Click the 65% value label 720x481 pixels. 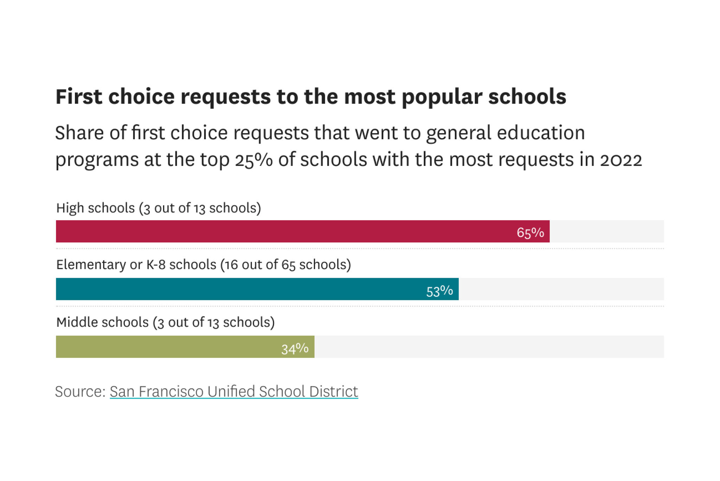tap(530, 232)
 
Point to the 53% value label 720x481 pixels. tap(439, 291)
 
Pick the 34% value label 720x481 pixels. tap(295, 348)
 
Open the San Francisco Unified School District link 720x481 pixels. tap(234, 391)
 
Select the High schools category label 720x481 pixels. tap(159, 208)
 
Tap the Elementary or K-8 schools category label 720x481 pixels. tap(204, 264)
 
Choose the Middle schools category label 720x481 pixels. tap(165, 322)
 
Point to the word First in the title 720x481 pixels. tap(79, 96)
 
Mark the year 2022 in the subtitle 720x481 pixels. tap(621, 160)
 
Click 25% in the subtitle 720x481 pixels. tap(253, 160)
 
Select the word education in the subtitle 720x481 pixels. tap(541, 133)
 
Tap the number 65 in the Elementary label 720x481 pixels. tap(288, 265)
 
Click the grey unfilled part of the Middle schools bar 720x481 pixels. tap(489, 347)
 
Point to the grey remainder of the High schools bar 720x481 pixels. tap(606, 231)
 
